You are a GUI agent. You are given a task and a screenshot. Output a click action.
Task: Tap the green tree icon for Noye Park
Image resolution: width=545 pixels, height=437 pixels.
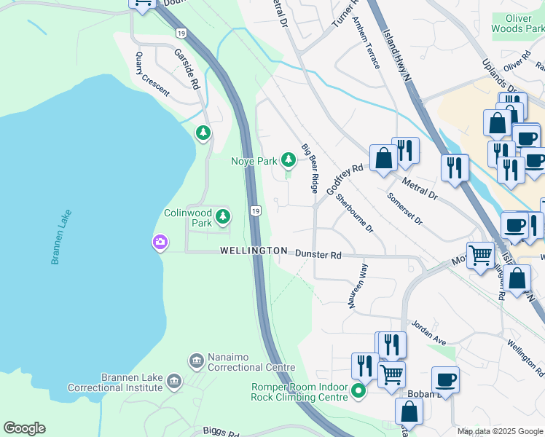(x=289, y=159)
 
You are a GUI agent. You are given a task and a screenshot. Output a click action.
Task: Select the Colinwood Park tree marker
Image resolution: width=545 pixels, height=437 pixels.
(x=222, y=216)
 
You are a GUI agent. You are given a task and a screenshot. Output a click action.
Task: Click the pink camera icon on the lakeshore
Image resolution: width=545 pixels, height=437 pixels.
(x=160, y=242)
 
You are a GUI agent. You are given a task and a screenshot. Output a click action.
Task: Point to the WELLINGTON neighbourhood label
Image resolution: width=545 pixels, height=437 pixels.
(x=254, y=251)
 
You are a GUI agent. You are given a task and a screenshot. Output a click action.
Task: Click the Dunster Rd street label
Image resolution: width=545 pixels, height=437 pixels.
(x=318, y=255)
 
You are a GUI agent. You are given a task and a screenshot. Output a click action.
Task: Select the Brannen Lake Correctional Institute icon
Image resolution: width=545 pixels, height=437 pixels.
(x=173, y=381)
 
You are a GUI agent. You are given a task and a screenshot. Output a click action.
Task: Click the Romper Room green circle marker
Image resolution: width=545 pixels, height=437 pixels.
(x=358, y=391)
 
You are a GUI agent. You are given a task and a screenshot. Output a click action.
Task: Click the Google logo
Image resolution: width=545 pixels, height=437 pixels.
(x=24, y=428)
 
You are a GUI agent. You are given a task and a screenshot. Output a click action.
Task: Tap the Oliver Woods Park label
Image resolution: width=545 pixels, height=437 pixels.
(x=518, y=23)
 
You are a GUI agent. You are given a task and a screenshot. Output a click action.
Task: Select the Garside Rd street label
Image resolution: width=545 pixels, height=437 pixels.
(x=187, y=69)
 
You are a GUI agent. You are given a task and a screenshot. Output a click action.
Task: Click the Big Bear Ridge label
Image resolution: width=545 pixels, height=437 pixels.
(x=310, y=168)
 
